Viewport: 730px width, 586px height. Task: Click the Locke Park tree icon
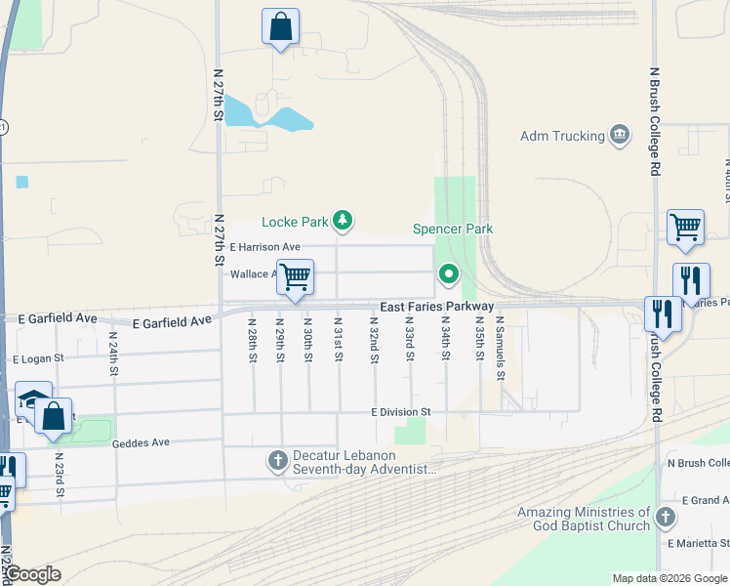[343, 222]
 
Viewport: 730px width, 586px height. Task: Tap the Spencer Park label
[453, 229]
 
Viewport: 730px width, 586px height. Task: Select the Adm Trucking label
[563, 136]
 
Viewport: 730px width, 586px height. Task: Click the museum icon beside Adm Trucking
[619, 135]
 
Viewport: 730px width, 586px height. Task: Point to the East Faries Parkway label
[436, 307]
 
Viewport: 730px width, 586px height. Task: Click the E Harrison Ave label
[264, 248]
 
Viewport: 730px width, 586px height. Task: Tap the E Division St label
[401, 413]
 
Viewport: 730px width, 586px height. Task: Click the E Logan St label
[38, 358]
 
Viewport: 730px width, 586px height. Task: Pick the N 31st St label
[339, 339]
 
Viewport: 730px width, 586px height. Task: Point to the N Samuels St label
[500, 347]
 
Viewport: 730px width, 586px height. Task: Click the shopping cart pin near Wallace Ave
[294, 276]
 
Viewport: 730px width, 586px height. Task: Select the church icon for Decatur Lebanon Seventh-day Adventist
[277, 459]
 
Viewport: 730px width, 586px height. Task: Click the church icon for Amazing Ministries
[666, 517]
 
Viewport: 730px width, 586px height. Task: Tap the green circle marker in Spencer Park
[449, 275]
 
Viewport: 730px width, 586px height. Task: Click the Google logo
[33, 574]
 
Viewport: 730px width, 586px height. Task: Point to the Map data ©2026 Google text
[669, 578]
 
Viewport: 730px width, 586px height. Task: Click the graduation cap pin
[32, 398]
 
